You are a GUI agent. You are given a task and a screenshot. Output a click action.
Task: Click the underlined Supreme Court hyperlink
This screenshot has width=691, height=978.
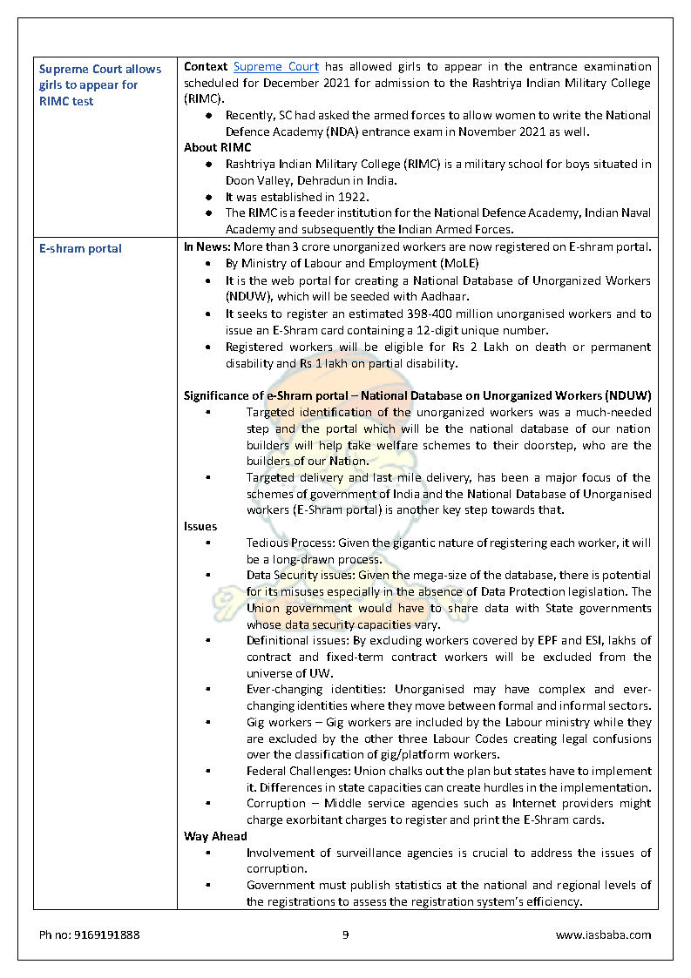(x=276, y=67)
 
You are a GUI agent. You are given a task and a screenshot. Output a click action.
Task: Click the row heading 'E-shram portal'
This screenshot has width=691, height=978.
(x=80, y=249)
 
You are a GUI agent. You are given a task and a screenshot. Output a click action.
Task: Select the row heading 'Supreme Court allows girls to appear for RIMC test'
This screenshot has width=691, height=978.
(x=100, y=85)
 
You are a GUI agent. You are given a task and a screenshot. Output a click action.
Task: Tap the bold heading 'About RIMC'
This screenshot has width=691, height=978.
(x=217, y=148)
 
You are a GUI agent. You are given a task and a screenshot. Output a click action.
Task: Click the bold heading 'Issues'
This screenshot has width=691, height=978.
(x=200, y=527)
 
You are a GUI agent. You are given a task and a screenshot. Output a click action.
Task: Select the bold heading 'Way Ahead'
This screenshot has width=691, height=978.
(x=215, y=837)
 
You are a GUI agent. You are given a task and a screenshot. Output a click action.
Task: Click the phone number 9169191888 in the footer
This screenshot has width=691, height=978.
(x=89, y=935)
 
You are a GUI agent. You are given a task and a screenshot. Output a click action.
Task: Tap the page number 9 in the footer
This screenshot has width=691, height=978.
(x=345, y=935)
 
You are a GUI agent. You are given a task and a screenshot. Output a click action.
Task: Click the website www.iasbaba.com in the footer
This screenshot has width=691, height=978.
(x=603, y=935)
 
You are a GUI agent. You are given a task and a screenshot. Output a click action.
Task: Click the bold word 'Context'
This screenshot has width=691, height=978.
(x=206, y=67)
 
